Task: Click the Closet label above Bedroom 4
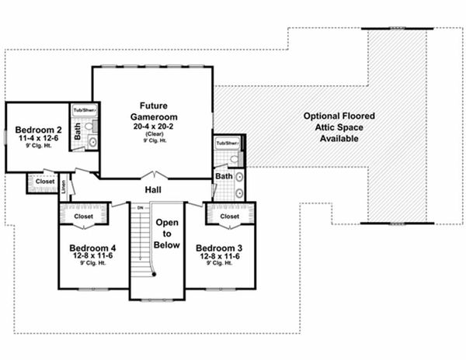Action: pos(83,216)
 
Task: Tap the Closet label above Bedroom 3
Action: pos(229,216)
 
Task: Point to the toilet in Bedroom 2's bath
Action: pos(91,142)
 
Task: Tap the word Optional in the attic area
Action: pos(320,115)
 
